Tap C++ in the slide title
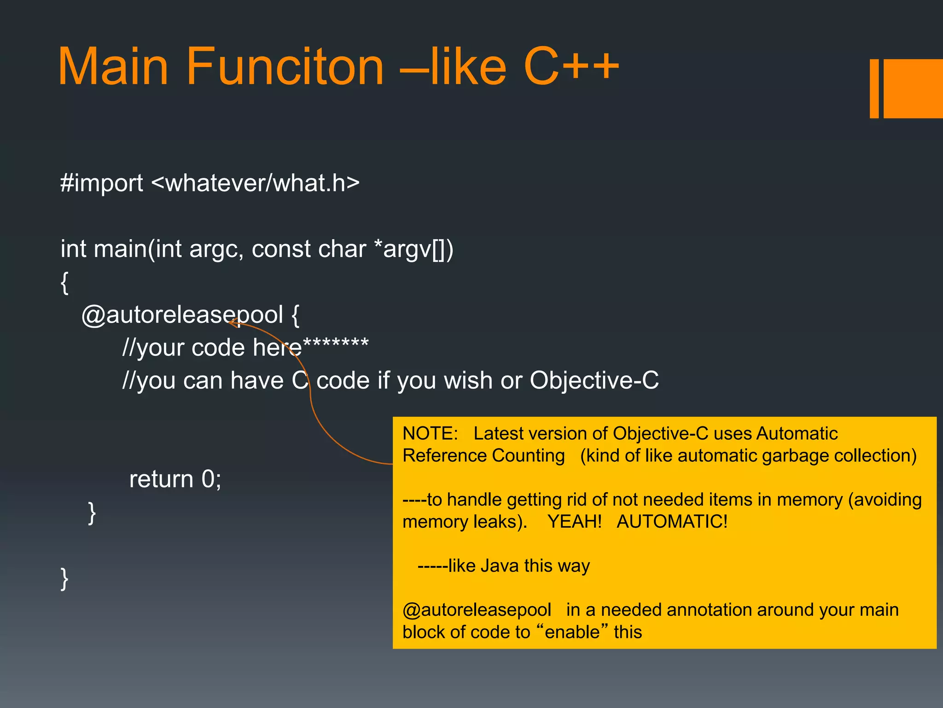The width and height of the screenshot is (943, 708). [x=571, y=67]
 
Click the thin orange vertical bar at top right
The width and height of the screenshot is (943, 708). [x=874, y=88]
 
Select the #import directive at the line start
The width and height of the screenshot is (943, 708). [x=102, y=183]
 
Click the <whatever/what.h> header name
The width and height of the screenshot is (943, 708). [x=256, y=183]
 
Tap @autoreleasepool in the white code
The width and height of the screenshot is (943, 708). [x=182, y=315]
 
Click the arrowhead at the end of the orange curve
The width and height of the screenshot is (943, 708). [x=233, y=323]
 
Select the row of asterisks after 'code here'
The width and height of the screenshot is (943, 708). [x=336, y=343]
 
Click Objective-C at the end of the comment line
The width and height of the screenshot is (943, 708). [x=594, y=381]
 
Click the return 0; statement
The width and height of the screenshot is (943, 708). [x=175, y=479]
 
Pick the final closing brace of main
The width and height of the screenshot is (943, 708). [x=64, y=578]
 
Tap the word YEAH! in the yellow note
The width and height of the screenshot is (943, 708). [x=574, y=522]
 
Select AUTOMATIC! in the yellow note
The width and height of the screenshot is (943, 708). [x=672, y=522]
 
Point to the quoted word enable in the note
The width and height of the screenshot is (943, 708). [x=572, y=632]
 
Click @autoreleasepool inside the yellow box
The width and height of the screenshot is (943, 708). [x=477, y=610]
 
